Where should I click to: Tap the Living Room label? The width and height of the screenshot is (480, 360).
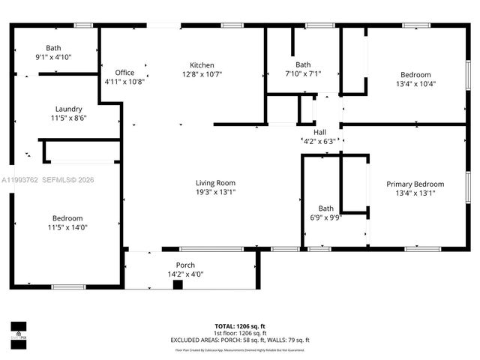point(216,183)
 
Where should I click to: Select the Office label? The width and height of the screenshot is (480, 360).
point(124,73)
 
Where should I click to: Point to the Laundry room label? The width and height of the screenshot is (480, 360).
point(68,109)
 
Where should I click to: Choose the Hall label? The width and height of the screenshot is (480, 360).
point(319,131)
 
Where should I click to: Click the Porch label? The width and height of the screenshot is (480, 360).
point(185,265)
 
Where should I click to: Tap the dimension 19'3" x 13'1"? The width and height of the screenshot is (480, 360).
point(216,192)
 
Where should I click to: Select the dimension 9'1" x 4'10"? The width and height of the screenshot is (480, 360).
point(53,57)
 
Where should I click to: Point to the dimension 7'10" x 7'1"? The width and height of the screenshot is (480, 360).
point(303,73)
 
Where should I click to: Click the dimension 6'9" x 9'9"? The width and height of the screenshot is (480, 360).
point(326,217)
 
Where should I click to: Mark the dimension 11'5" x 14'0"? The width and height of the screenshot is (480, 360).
point(67,227)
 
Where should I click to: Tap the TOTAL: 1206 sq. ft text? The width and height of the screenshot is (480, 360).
point(240,326)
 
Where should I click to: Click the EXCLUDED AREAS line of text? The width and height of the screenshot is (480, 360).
point(240,340)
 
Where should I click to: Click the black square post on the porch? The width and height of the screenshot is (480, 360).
point(178,284)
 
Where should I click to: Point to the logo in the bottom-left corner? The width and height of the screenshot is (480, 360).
point(18,332)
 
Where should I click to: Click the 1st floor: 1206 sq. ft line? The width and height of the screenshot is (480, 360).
point(240,333)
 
